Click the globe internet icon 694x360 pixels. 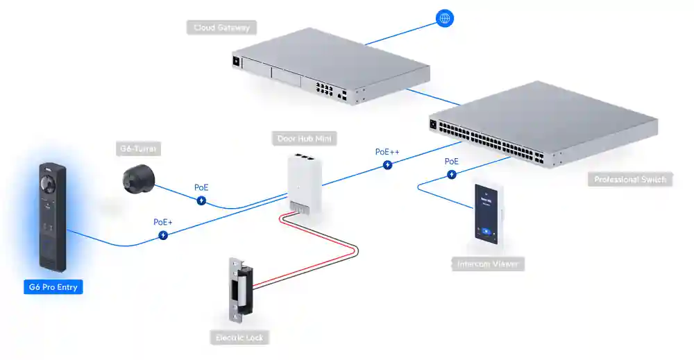click(x=445, y=19)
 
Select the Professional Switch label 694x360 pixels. click(x=630, y=180)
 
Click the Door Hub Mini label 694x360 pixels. click(x=303, y=139)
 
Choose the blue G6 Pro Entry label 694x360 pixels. click(x=53, y=286)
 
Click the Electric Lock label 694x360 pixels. click(x=238, y=338)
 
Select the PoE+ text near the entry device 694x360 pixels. click(x=163, y=222)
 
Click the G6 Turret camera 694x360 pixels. click(x=138, y=178)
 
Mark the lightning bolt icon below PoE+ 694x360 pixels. click(x=163, y=235)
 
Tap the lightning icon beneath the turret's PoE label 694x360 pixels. click(x=201, y=201)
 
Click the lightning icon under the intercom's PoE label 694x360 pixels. click(x=452, y=175)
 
